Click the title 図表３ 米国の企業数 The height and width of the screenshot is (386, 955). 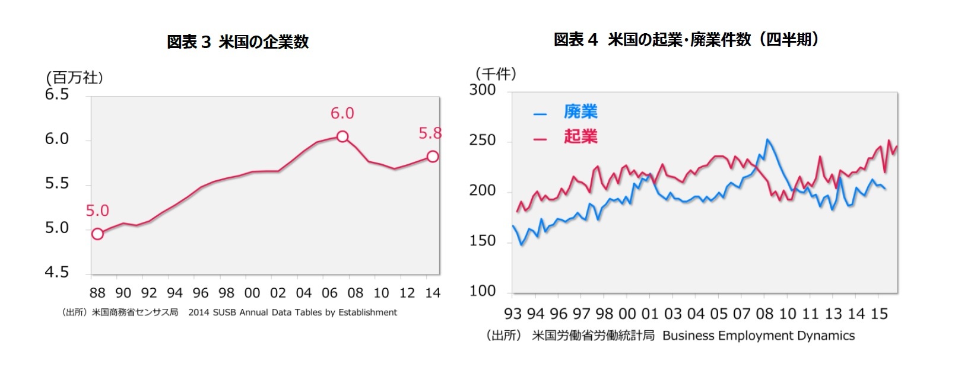237,42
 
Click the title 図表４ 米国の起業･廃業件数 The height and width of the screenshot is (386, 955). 686,40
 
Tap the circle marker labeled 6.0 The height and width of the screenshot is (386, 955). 342,136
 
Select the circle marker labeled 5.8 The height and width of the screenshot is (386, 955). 433,157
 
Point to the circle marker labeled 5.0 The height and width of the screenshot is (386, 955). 97,234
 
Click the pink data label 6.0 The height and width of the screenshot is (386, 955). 342,113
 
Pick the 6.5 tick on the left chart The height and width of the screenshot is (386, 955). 57,95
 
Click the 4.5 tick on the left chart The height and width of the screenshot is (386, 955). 57,273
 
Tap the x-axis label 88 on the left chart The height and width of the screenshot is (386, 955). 97,293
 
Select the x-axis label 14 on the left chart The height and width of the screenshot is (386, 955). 433,293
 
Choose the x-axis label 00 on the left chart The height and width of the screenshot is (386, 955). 252,293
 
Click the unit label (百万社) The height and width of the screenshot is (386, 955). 74,78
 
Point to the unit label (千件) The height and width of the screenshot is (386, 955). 496,74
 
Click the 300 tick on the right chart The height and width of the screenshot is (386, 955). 482,90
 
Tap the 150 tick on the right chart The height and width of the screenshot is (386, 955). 482,241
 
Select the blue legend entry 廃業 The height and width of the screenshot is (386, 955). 580,111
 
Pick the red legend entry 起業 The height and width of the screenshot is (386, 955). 580,137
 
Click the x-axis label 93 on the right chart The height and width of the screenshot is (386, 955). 513,314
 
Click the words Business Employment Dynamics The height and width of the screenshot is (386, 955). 759,336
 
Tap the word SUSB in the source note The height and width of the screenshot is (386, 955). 224,312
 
